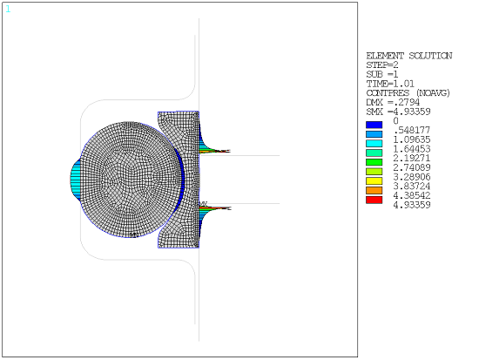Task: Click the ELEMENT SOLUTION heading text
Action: pos(408,56)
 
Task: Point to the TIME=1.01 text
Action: pos(388,84)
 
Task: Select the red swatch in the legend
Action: pos(372,200)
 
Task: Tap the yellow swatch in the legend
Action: pos(372,180)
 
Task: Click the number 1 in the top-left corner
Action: pos(8,9)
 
